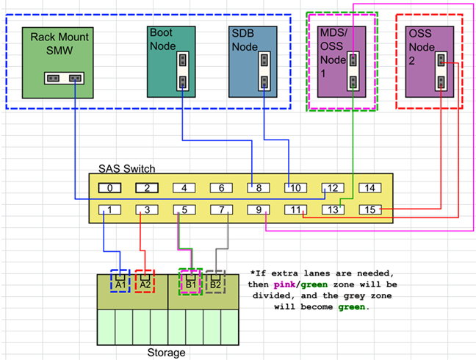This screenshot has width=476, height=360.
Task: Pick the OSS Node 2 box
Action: [x=429, y=62]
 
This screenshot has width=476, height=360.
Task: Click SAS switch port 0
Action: [x=109, y=188]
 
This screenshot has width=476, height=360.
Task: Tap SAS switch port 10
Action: [x=296, y=188]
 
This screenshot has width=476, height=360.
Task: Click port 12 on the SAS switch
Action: [x=333, y=188]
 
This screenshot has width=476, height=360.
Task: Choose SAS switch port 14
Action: [x=370, y=188]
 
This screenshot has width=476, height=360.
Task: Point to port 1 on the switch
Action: [x=109, y=210]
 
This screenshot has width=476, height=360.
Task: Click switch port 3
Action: [x=147, y=210]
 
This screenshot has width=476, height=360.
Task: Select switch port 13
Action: [x=333, y=210]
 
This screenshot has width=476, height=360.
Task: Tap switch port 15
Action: [x=370, y=210]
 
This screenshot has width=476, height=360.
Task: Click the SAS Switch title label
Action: [x=127, y=168]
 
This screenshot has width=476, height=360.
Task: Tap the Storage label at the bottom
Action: [x=167, y=353]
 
